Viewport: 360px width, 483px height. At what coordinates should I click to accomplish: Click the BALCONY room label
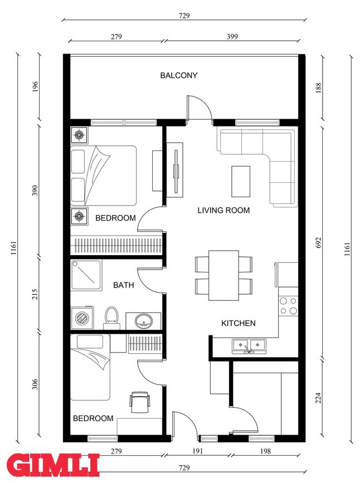(x=179, y=75)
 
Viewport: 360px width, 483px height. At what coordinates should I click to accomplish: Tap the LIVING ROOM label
(x=223, y=211)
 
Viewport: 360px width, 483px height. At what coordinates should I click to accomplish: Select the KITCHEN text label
(x=239, y=323)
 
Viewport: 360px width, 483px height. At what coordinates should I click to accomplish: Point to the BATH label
(x=123, y=285)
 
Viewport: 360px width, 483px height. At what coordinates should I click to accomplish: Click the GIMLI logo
(x=53, y=465)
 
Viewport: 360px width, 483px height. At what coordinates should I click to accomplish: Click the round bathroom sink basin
(x=143, y=321)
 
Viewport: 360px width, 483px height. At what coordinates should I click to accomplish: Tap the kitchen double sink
(x=249, y=345)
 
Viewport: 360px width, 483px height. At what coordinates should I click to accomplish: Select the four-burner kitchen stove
(x=288, y=306)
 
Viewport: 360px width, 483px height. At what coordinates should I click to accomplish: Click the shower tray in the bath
(x=86, y=275)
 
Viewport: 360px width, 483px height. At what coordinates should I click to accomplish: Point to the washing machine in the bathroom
(x=82, y=318)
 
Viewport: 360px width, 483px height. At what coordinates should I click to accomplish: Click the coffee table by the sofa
(x=241, y=182)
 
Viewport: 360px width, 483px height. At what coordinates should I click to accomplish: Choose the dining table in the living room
(x=224, y=275)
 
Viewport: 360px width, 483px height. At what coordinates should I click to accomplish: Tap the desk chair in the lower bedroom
(x=140, y=402)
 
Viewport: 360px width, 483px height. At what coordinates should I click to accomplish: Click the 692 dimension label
(x=318, y=243)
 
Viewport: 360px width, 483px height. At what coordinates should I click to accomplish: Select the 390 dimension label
(x=35, y=191)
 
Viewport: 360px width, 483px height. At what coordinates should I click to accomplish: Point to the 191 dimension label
(x=198, y=451)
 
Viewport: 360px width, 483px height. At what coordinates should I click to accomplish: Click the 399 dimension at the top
(x=232, y=37)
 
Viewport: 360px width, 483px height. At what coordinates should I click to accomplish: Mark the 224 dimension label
(x=318, y=398)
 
